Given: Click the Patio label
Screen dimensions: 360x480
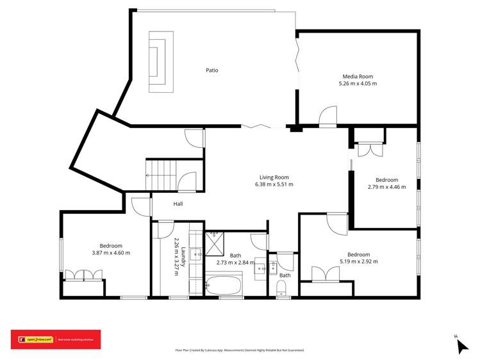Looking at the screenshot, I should point(211,70).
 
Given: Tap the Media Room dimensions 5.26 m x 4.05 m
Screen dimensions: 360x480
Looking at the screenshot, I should point(358,83).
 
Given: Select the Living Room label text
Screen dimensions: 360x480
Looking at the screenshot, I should point(274,177).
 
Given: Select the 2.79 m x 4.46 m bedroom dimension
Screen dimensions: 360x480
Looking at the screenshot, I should point(386,187).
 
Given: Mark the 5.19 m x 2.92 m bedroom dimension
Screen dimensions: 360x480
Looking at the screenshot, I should point(358,261).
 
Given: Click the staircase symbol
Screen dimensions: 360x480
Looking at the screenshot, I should point(160,174).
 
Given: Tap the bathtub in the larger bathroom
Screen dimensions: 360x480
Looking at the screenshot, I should point(224,282).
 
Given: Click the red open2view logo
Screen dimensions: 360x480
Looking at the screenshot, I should point(56,340).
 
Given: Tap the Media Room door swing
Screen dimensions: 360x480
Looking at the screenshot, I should point(327,116).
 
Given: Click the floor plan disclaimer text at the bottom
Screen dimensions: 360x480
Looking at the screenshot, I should point(240,350).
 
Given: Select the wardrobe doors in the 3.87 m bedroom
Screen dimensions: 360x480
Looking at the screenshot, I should point(83,274).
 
